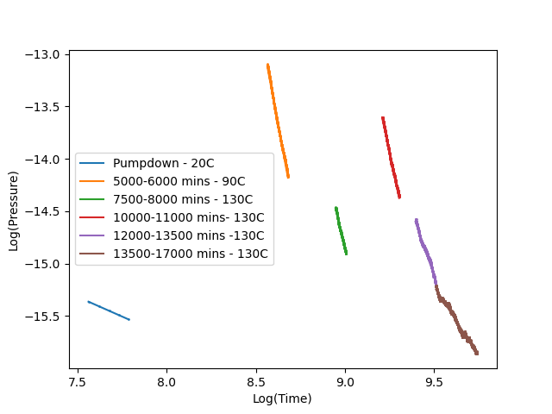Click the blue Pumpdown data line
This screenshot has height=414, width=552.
[109, 310]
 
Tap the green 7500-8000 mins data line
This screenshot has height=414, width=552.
[341, 230]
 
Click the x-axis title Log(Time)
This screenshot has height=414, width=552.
[282, 398]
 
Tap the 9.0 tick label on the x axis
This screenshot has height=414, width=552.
[345, 381]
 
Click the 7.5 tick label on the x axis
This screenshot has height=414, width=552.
[78, 381]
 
